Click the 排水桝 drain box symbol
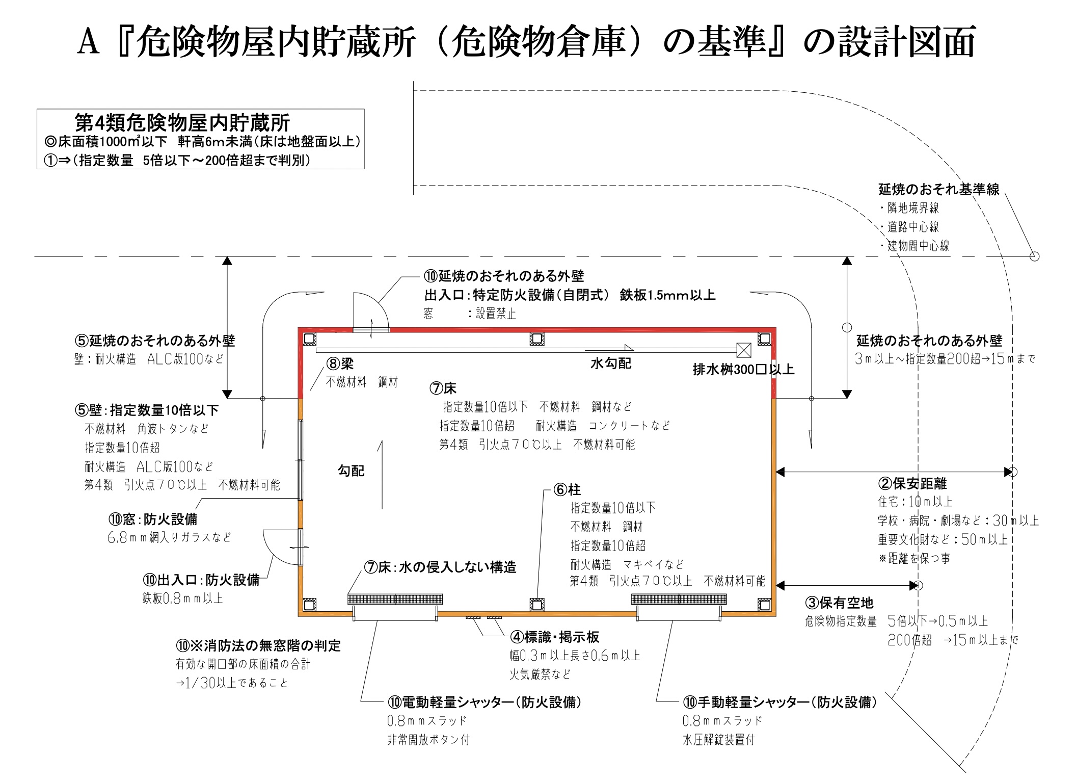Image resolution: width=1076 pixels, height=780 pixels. click(744, 350)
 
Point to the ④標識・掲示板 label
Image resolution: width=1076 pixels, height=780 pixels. click(555, 637)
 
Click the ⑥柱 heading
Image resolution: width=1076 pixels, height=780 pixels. click(567, 490)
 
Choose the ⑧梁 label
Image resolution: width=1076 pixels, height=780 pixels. click(340, 363)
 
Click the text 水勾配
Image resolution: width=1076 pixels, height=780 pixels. click(610, 363)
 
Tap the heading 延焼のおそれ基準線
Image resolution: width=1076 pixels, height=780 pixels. click(938, 190)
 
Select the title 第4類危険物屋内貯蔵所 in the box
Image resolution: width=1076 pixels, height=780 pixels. click(182, 123)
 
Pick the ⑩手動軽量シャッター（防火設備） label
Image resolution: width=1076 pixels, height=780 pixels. click(779, 702)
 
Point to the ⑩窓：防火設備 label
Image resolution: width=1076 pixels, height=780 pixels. click(152, 519)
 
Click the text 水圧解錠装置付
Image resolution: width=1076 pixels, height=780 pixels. click(718, 740)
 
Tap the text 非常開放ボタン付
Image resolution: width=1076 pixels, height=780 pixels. click(428, 740)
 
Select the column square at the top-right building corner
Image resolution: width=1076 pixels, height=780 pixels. click(764, 339)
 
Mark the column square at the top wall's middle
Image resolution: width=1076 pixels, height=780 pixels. click(536, 339)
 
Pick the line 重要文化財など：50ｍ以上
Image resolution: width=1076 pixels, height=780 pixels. click(943, 539)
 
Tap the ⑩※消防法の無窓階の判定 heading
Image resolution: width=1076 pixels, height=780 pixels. click(258, 646)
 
